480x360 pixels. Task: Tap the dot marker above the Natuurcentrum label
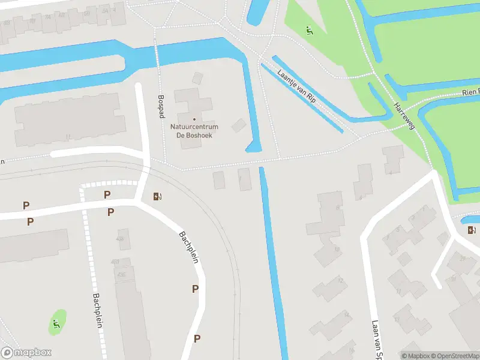tap(194, 119)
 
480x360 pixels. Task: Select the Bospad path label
tap(161, 106)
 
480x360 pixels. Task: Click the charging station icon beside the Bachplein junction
tap(158, 196)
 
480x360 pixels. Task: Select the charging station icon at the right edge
tap(472, 230)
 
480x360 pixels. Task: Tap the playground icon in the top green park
tap(310, 30)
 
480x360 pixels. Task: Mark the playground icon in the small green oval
tap(56, 325)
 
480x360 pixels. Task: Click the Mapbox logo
tap(26, 353)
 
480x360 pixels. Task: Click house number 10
tap(337, 249)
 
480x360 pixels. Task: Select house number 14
tap(346, 314)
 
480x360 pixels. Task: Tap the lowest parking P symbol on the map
tap(197, 338)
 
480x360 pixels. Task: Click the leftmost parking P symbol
tap(26, 206)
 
